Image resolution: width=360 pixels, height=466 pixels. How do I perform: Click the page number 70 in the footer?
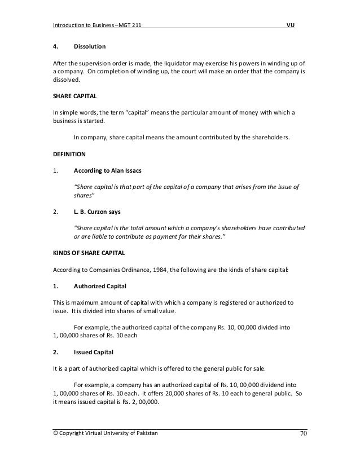303,433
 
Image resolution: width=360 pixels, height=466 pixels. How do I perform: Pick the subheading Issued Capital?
93,353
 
